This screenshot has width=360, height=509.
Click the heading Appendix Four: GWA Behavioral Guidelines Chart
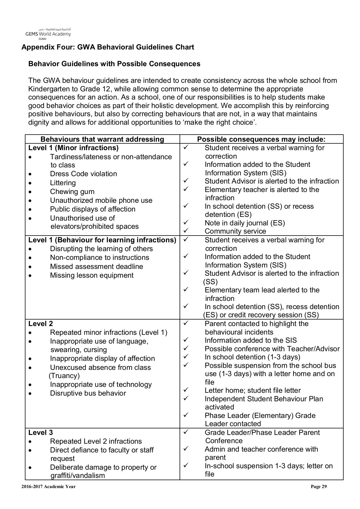coord(108,47)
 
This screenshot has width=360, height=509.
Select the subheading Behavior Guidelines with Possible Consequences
coord(114,64)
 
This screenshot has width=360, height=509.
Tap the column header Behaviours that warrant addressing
coord(102,139)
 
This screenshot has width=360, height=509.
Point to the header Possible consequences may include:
coord(261,139)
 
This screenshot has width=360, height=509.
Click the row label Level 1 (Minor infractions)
coord(74,148)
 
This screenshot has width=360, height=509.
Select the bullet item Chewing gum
coord(72,192)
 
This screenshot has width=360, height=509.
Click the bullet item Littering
coord(63,183)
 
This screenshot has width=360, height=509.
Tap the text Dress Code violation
coord(83,174)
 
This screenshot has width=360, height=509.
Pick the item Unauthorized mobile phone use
coord(101,200)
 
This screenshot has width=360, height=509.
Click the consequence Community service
coord(235,231)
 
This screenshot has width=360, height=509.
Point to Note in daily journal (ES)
coord(245,223)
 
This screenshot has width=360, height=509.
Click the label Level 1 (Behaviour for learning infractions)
coord(102,240)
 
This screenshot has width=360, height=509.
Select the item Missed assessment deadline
coord(96,267)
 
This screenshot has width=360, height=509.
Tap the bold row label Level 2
coord(41,324)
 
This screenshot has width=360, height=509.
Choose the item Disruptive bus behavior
coord(88,393)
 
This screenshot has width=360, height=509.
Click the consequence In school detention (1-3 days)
coord(252,357)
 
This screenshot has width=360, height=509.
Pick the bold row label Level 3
coord(41,433)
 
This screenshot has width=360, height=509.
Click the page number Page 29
coord(319,487)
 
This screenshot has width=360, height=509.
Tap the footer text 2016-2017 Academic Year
coord(48,487)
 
